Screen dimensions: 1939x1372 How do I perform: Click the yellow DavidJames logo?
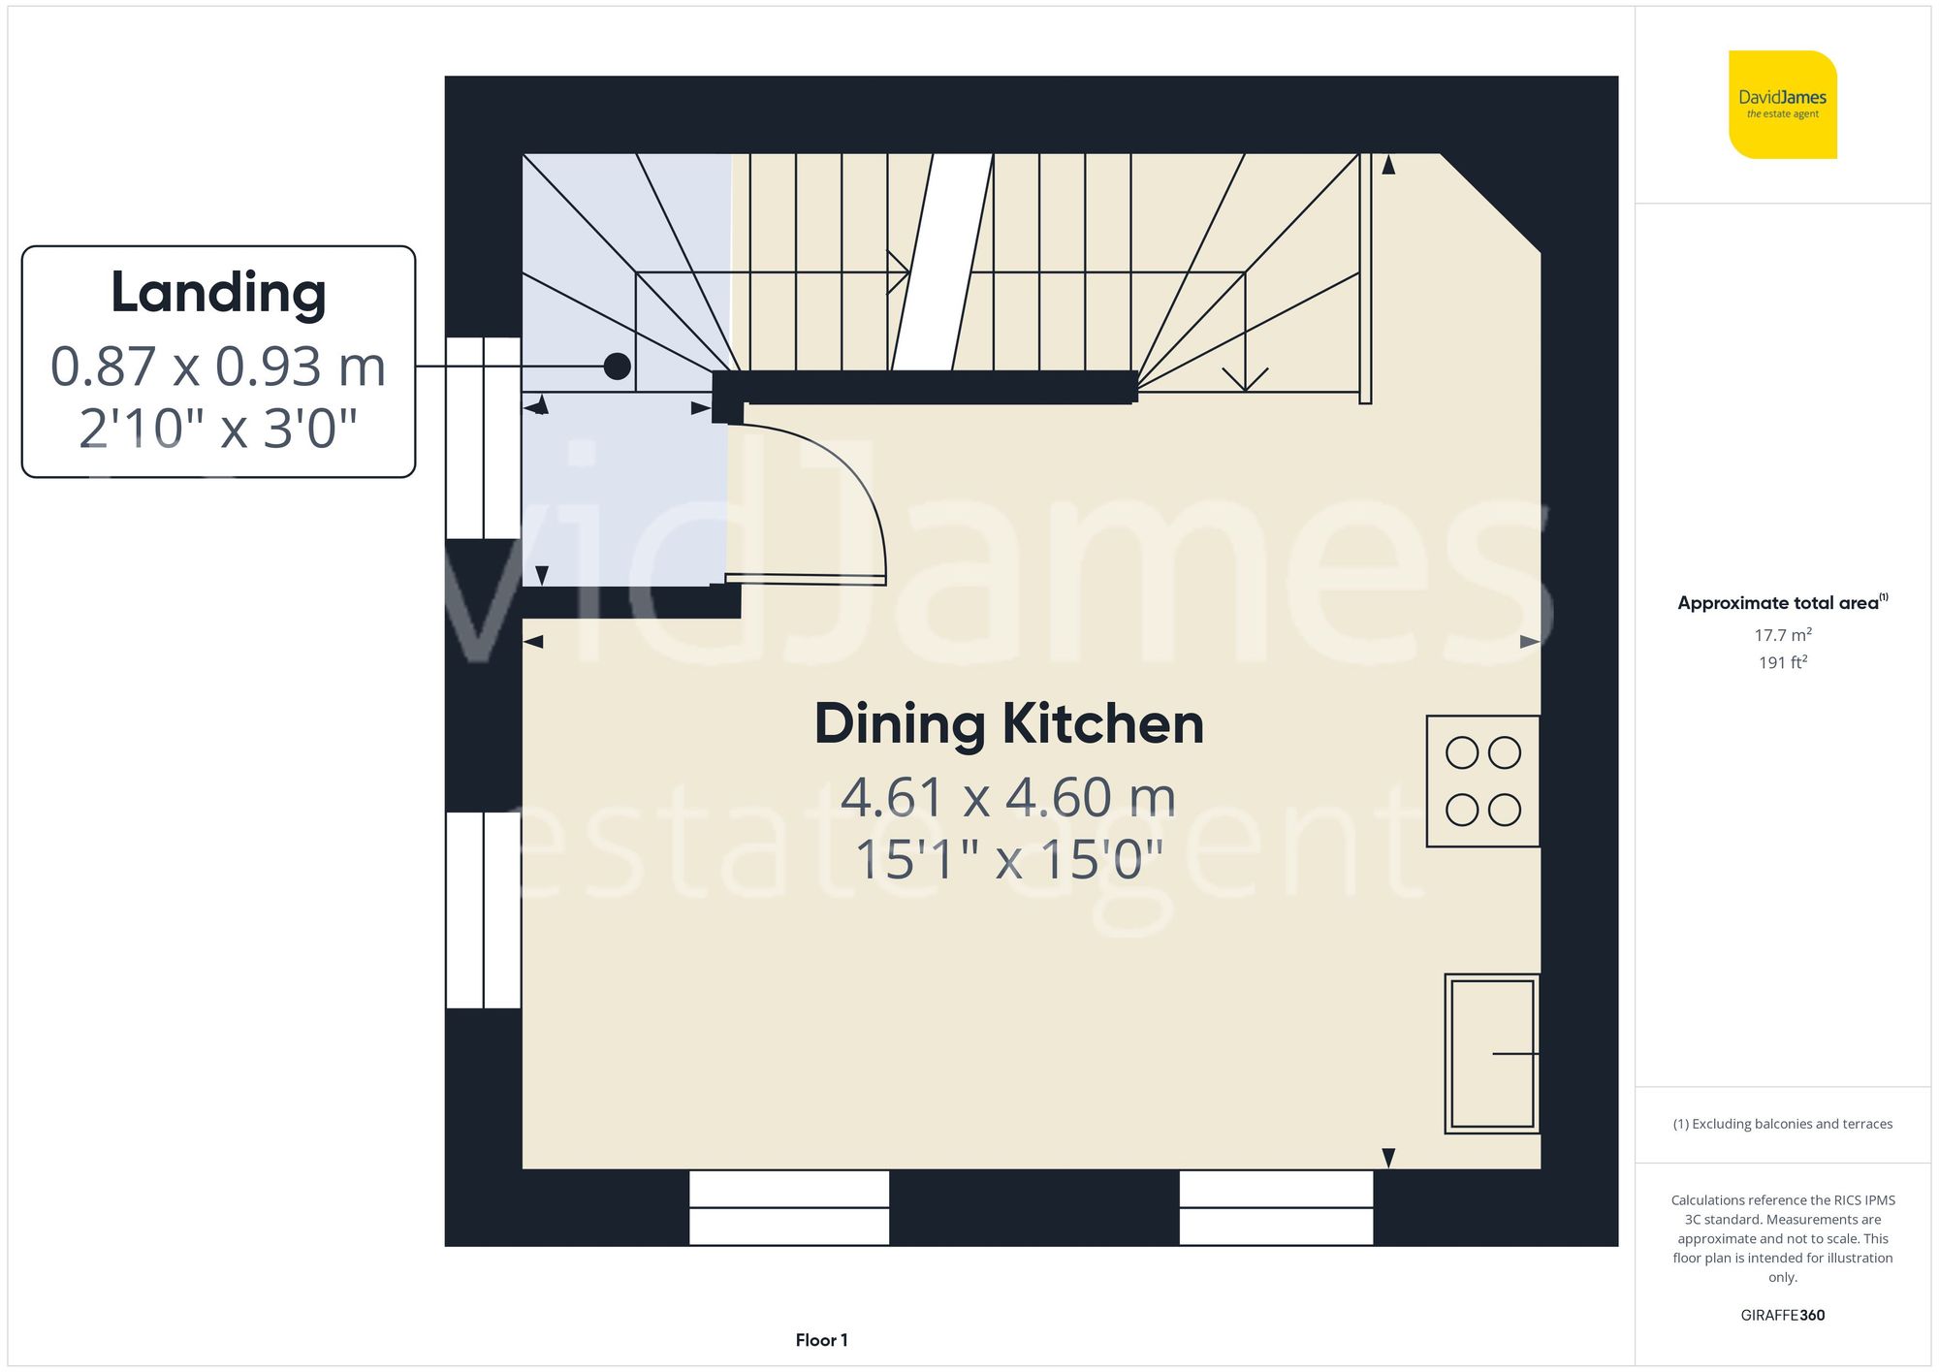click(1782, 105)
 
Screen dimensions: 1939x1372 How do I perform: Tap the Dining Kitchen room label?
click(1008, 724)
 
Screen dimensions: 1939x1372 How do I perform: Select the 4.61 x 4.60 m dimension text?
click(1008, 797)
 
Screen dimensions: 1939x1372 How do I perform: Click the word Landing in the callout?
click(218, 294)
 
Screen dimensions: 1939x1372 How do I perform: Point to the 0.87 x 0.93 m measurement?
click(218, 367)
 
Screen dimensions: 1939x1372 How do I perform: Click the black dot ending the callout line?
click(618, 366)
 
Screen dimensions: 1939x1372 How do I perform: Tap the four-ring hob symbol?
click(1483, 781)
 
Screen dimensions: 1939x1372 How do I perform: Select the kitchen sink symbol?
click(1492, 1053)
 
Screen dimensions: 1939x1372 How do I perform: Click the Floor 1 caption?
click(821, 1340)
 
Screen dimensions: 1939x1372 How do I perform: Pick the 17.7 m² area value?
click(1783, 635)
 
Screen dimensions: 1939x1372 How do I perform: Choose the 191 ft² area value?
click(1783, 662)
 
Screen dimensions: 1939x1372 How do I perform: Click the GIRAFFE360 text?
click(1783, 1315)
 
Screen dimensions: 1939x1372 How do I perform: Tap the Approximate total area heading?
click(1783, 602)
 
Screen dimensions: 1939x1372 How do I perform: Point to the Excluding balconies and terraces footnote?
click(1783, 1124)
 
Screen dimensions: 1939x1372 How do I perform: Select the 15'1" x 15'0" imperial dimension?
click(1008, 859)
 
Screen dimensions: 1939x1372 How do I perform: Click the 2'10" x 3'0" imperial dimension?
click(218, 429)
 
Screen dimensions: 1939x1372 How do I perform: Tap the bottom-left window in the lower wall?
click(789, 1207)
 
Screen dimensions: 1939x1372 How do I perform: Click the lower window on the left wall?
click(484, 910)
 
